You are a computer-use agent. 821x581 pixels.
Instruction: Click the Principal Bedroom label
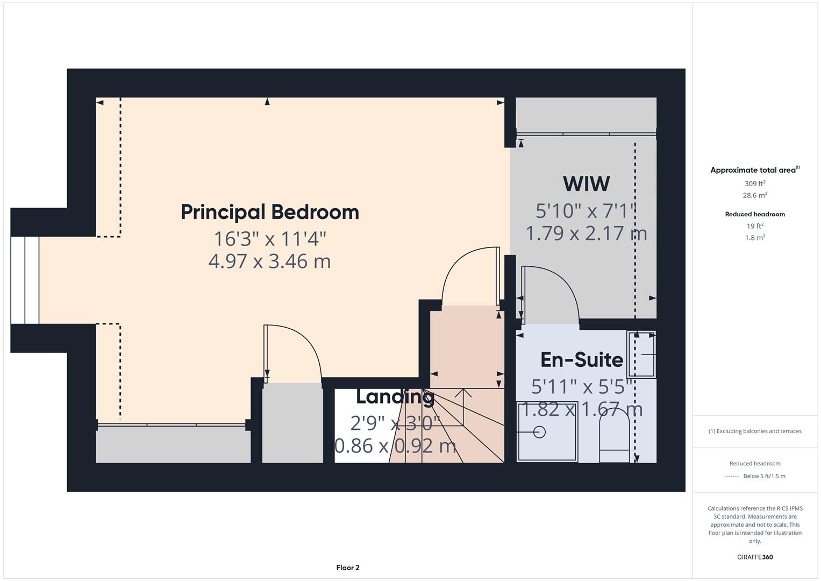[x=269, y=212]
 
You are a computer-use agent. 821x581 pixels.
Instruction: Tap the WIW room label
[x=586, y=184]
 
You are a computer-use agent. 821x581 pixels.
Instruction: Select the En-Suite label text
[x=581, y=359]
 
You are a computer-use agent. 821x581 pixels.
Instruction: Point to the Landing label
[x=395, y=396]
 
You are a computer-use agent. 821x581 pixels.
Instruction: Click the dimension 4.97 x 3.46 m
[x=269, y=261]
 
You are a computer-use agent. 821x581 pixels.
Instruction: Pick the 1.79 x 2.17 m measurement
[x=586, y=233]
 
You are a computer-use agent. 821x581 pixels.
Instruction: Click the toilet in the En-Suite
[x=614, y=436]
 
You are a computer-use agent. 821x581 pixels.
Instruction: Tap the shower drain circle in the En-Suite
[x=539, y=431]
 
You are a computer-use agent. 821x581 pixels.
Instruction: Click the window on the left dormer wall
[x=25, y=280]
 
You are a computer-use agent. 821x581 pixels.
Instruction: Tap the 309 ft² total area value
[x=755, y=183]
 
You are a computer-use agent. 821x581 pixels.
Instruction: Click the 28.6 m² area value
[x=755, y=195]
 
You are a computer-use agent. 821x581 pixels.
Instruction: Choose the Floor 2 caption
[x=348, y=568]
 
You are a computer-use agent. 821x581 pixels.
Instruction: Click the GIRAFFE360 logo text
[x=755, y=557]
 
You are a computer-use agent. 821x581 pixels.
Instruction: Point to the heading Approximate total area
[x=754, y=170]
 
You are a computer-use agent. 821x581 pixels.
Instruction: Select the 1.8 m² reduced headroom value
[x=755, y=237]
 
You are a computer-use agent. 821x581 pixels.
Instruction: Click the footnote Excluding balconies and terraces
[x=755, y=431]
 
